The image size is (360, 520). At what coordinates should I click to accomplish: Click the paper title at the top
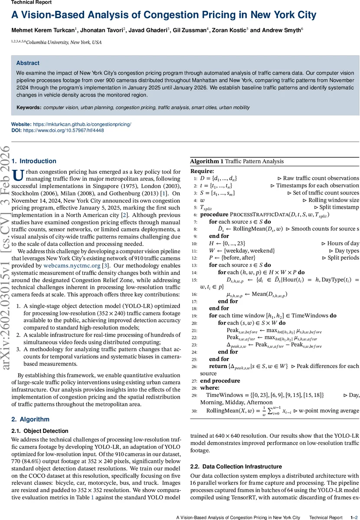pos(164,15)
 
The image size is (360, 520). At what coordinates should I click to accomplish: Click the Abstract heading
pos(28,63)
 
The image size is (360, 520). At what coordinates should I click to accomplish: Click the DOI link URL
pos(63,130)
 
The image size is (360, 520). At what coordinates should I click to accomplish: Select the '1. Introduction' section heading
pos(34,161)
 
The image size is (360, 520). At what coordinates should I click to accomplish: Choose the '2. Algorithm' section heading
pos(31,419)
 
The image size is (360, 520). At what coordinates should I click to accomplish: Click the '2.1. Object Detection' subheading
pos(39,431)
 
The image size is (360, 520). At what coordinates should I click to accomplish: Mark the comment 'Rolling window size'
pos(334,200)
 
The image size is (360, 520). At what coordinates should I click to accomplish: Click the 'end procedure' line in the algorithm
pos(220,381)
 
